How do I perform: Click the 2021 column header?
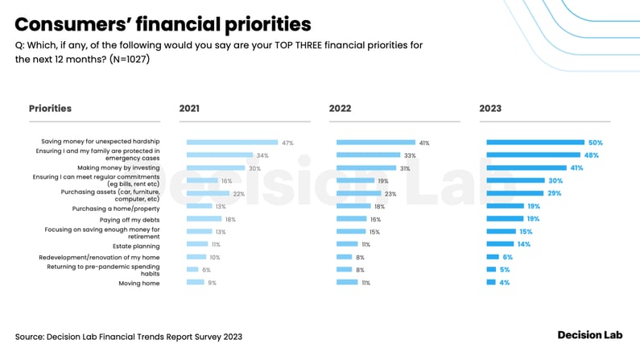point(190,108)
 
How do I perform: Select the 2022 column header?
point(340,108)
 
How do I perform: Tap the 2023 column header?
point(489,108)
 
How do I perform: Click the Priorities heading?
point(50,108)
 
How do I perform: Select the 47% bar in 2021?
point(232,143)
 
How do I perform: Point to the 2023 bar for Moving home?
point(491,283)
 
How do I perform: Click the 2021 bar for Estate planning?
point(197,244)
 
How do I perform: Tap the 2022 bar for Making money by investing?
point(366,168)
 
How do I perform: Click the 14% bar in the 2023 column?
point(500,244)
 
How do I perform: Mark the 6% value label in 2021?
point(206,270)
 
